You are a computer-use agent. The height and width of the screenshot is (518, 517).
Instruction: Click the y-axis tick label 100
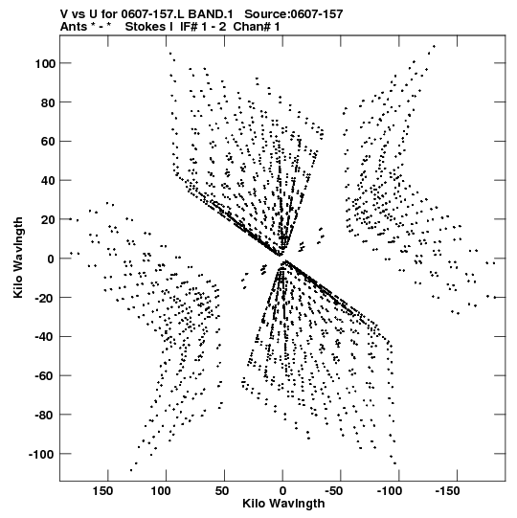(x=45, y=63)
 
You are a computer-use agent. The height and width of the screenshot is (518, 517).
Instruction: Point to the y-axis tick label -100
(x=41, y=454)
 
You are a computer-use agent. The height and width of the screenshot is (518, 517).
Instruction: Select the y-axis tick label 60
(x=48, y=142)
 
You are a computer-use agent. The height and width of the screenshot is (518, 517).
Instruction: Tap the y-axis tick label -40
(x=45, y=337)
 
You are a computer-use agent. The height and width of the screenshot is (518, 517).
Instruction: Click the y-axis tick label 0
(x=51, y=259)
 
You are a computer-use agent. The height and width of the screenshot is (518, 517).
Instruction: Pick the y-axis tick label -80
(x=45, y=416)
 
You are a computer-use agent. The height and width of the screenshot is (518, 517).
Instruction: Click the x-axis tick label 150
(x=102, y=491)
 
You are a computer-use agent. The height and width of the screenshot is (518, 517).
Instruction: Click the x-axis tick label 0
(x=282, y=491)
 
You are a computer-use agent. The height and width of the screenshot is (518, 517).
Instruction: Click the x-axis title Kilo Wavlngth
(x=283, y=504)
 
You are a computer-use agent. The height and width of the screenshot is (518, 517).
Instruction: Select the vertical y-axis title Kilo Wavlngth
(x=18, y=258)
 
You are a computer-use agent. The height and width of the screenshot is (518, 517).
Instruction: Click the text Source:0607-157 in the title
(x=293, y=14)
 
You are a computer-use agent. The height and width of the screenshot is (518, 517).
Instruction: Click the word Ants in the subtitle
(x=72, y=27)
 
